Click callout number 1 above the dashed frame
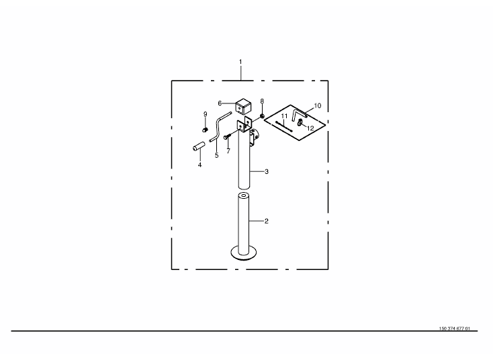pos(240,62)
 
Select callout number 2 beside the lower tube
pos(267,221)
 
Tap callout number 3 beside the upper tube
pos(267,172)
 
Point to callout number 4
pos(199,164)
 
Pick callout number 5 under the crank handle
pos(216,155)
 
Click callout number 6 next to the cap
pos(220,103)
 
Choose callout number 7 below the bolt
pos(228,151)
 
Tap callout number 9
pos(206,114)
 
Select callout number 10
pos(318,105)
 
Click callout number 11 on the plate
pos(284,116)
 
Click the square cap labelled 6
pos(242,106)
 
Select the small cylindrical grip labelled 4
pos(199,146)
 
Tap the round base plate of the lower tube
pos(245,253)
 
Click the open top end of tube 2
pos(245,196)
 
